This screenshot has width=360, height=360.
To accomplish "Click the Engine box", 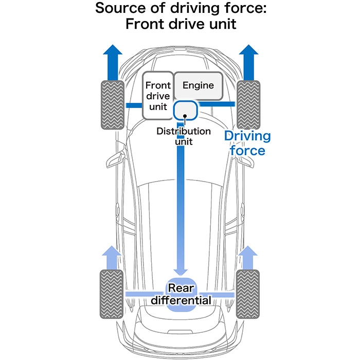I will coord(198,85).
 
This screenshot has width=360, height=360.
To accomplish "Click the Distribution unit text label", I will coord(184,136).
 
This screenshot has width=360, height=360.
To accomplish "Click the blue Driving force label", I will coord(247,143).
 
